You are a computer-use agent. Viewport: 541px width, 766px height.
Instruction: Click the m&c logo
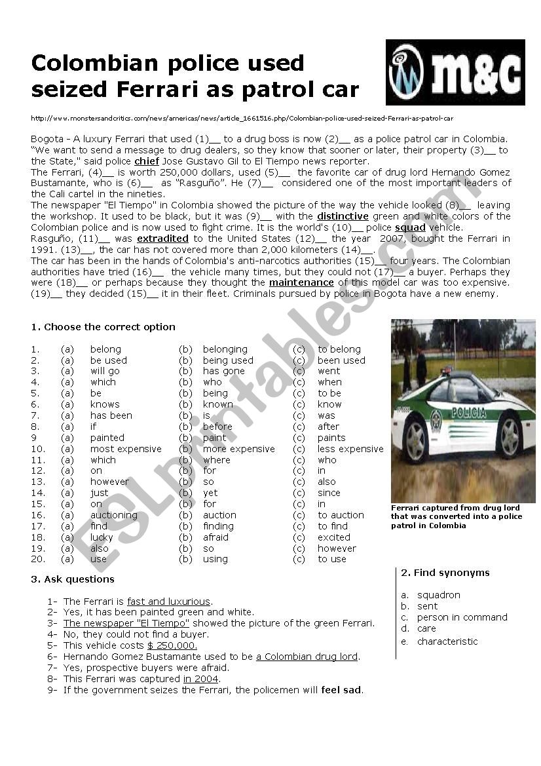pos(455,72)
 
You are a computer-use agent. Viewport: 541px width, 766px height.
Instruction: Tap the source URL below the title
pos(242,119)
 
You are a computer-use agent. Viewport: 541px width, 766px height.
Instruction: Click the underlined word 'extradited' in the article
pos(162,239)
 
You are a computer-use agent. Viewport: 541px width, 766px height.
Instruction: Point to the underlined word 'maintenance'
pos(301,282)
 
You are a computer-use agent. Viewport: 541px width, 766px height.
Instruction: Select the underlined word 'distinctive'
pos(343,216)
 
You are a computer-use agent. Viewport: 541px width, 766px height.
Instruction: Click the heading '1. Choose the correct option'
pos(103,327)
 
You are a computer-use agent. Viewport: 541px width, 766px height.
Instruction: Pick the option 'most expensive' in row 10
pos(126,449)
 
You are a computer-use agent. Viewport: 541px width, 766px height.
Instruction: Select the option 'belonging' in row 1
pos(225,349)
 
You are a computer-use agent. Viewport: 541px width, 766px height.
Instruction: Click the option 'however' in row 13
pos(109,482)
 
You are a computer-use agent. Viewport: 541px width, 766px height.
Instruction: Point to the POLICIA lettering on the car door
pos(468,413)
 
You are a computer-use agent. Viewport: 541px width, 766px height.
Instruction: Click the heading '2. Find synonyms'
pos(445,573)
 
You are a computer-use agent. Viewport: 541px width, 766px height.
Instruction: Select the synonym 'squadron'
pos(439,595)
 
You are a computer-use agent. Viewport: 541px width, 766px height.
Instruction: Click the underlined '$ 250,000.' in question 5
pos(172,645)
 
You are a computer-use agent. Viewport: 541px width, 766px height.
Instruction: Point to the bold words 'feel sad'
pos(342,690)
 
